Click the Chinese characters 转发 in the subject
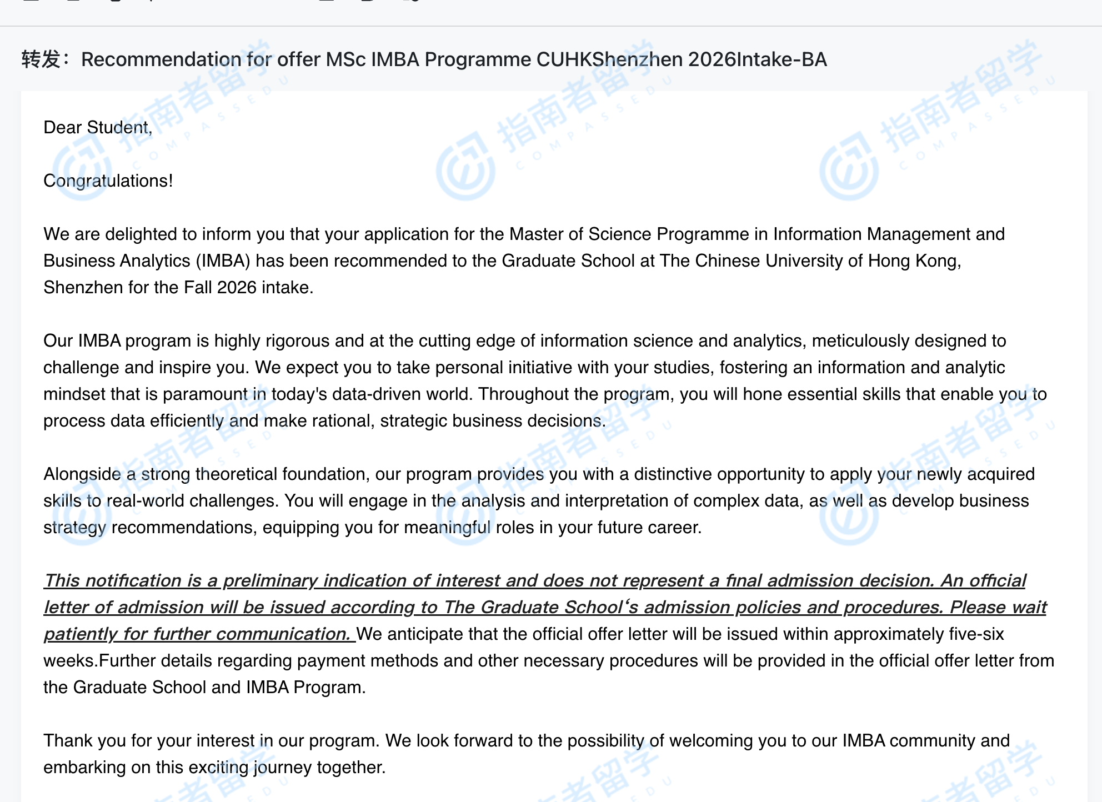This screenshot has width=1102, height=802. pyautogui.click(x=41, y=59)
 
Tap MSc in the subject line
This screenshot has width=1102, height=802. pyautogui.click(x=345, y=59)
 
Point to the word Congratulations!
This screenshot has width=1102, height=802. pyautogui.click(x=108, y=181)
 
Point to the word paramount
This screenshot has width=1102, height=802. pyautogui.click(x=205, y=394)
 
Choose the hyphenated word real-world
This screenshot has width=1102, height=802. pyautogui.click(x=146, y=501)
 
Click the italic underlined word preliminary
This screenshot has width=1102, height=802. pyautogui.click(x=271, y=581)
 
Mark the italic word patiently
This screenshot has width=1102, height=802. pyautogui.click(x=81, y=634)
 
